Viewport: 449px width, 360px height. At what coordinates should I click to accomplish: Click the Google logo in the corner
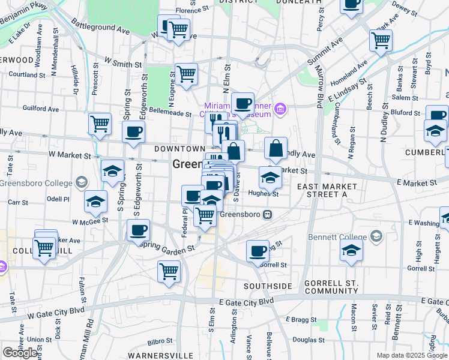[x=20, y=353]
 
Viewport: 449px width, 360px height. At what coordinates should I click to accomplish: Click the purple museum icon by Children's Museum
[x=280, y=110]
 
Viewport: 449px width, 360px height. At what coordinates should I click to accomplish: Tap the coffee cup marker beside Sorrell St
[x=258, y=250]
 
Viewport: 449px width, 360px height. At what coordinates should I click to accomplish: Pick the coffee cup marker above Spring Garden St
[x=139, y=230]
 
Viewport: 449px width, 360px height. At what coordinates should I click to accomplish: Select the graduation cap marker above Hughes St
[x=270, y=178]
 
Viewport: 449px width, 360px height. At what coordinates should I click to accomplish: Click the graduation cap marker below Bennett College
[x=352, y=250]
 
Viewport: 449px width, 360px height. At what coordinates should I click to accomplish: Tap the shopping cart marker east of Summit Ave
[x=381, y=40]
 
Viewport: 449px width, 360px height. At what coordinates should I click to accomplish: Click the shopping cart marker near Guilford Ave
[x=100, y=124]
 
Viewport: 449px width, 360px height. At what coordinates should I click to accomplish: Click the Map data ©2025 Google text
[x=411, y=355]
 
